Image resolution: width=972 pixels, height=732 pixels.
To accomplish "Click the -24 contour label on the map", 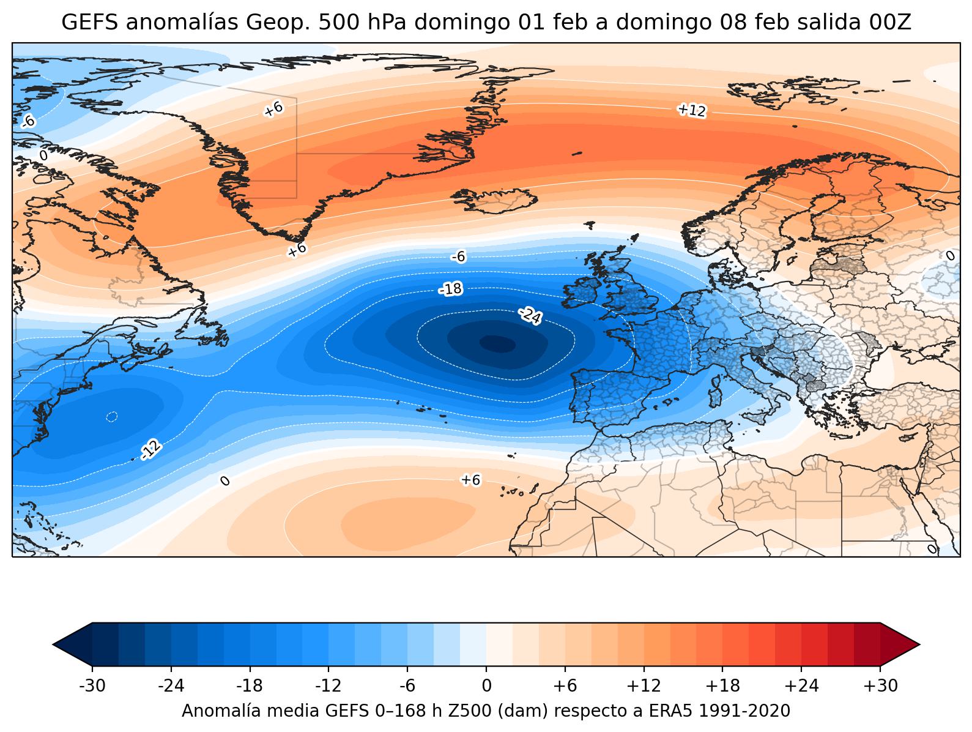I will [530, 316].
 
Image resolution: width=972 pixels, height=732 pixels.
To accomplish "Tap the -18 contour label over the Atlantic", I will [451, 289].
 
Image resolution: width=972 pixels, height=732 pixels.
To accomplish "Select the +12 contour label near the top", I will [692, 110].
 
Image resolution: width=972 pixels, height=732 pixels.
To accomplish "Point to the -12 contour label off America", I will [151, 450].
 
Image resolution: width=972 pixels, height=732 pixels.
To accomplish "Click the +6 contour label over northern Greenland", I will [273, 109].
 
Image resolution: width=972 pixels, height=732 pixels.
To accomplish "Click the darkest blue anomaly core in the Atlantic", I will [497, 344].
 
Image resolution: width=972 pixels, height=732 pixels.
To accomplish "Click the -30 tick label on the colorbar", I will [92, 686].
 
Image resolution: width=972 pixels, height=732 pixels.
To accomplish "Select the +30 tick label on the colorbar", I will [880, 686].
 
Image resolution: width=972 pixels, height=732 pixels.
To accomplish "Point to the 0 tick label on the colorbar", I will [486, 686].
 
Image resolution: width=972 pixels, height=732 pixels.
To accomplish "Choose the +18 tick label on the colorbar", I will [722, 686].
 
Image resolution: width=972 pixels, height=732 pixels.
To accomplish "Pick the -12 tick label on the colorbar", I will [328, 686].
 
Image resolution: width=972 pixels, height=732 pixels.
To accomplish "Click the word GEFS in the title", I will [83, 23].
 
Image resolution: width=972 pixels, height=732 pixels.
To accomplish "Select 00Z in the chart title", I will [891, 23].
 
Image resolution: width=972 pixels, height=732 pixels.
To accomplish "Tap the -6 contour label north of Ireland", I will [458, 257].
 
